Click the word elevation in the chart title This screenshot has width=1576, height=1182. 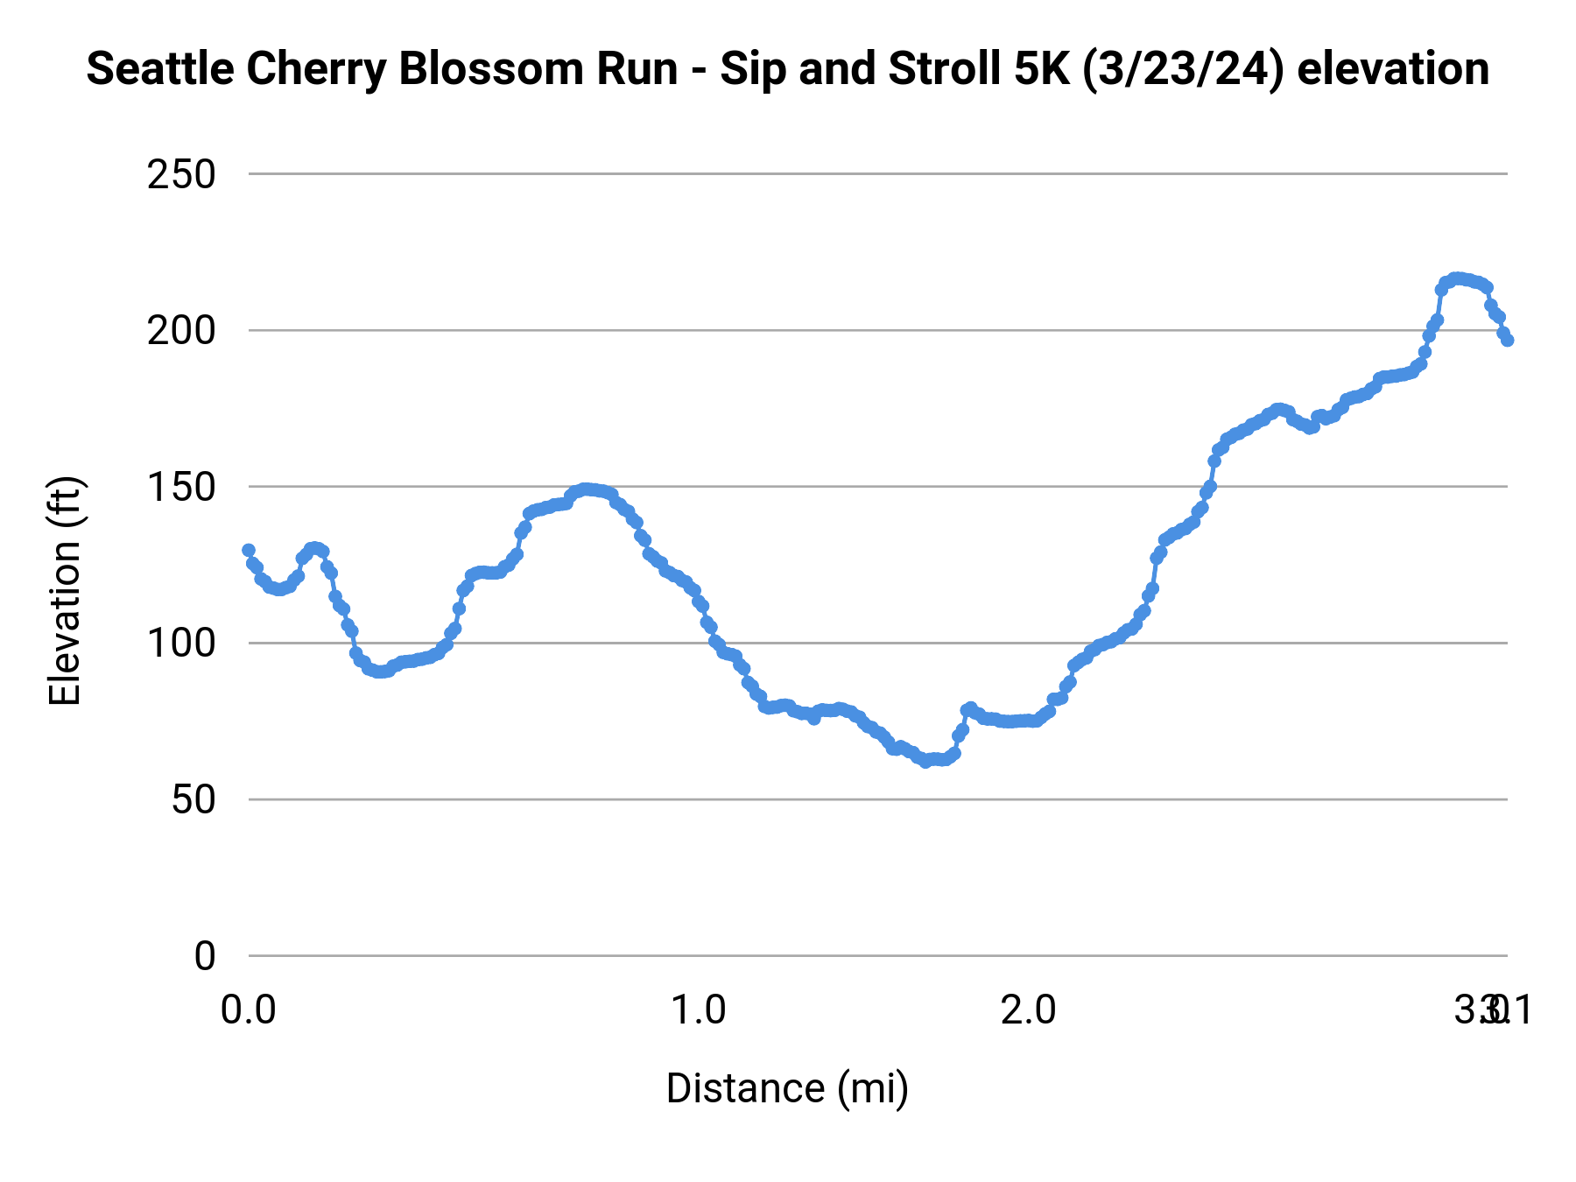pos(1393,69)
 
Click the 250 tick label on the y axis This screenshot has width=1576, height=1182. pos(181,175)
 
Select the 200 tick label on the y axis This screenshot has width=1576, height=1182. pos(181,331)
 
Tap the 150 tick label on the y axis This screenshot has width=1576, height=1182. pos(181,488)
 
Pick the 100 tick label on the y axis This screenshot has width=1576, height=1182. pos(181,644)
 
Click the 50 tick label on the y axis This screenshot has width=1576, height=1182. pos(193,800)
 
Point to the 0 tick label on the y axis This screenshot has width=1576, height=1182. pos(205,956)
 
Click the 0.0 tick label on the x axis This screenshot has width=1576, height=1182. pos(249,1010)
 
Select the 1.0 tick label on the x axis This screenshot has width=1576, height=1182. pos(698,1010)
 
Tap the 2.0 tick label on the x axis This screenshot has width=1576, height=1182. pos(1029,1010)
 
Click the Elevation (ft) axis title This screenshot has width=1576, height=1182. pos(65,591)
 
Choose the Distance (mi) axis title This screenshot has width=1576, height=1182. pos(787,1088)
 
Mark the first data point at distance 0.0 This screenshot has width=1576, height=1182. pos(249,550)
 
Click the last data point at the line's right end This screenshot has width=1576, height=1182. pos(1507,340)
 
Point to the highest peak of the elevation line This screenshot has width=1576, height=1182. pos(1456,278)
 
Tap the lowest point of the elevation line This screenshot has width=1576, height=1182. pos(925,762)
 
